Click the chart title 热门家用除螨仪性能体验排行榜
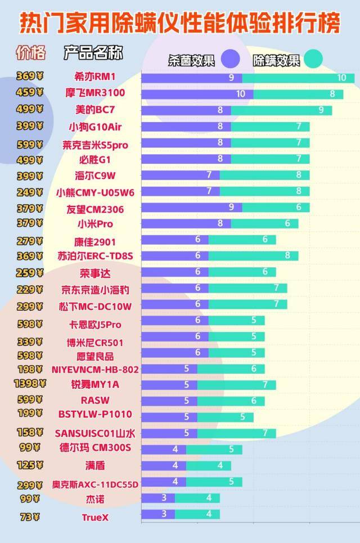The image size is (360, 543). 180,23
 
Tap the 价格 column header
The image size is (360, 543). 30,53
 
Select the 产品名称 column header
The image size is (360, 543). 93,53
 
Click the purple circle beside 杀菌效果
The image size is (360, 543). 231,59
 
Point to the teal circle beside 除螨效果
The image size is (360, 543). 313,59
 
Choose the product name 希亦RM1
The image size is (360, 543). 94,77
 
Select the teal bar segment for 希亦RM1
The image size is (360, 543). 298,78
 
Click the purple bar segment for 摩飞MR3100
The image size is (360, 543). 197,94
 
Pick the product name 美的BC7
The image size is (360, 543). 94,110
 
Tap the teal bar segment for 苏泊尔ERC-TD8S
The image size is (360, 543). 253,255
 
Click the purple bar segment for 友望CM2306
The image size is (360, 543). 191,207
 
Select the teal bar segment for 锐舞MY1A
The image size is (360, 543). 236,385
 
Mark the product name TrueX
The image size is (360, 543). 94,517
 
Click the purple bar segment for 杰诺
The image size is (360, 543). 158,498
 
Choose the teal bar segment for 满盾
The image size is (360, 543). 208,466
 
